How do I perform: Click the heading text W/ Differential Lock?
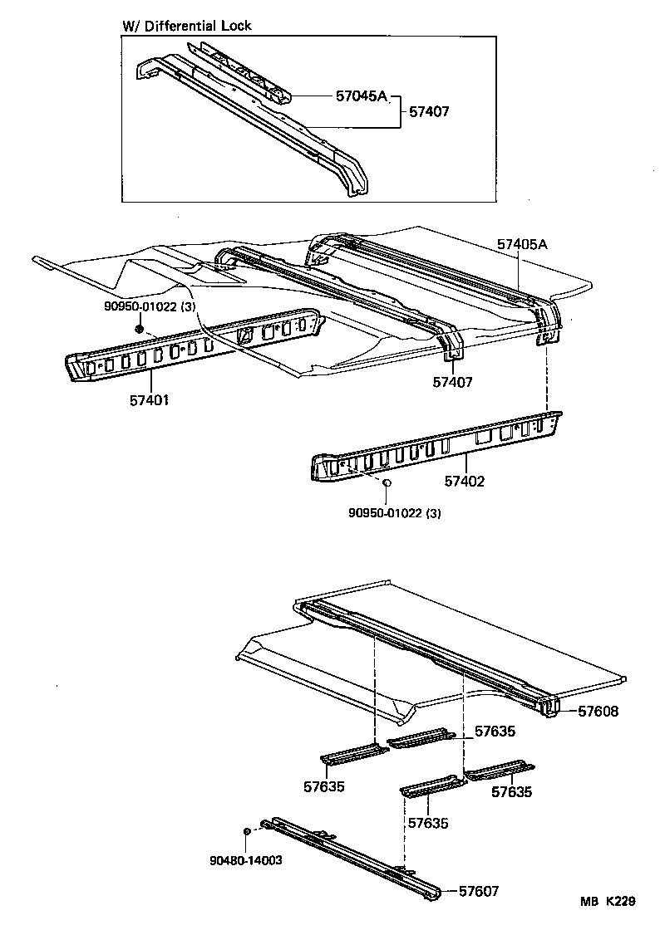(187, 26)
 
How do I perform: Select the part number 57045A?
(362, 95)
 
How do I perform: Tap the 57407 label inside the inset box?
(427, 110)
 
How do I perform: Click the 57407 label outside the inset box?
(452, 382)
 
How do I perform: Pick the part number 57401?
(150, 400)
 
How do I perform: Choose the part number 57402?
(464, 481)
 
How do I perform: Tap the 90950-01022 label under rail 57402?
(395, 513)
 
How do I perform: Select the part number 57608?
(592, 712)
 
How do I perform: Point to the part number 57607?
(480, 891)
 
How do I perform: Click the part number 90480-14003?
(246, 860)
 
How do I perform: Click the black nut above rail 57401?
(139, 330)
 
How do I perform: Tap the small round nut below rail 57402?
(387, 482)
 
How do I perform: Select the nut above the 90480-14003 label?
(247, 830)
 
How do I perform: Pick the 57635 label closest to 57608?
(495, 732)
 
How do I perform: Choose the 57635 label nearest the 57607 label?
(429, 823)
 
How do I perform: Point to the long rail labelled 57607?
(349, 851)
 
